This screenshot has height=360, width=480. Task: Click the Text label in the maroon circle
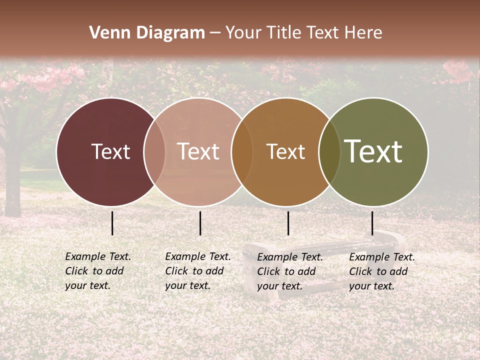click(x=110, y=152)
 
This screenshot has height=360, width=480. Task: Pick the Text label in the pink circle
click(x=198, y=152)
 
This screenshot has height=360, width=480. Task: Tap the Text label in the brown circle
click(x=285, y=152)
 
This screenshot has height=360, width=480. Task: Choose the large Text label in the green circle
click(x=373, y=151)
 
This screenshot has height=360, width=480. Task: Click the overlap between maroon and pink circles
click(x=154, y=152)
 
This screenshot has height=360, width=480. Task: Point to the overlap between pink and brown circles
click(x=242, y=152)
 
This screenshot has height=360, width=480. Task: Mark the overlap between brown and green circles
click(x=329, y=152)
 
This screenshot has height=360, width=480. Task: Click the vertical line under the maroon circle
click(x=112, y=223)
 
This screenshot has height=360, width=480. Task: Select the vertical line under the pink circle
click(x=200, y=223)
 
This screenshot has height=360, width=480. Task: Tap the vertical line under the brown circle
click(x=288, y=223)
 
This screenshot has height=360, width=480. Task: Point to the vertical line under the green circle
click(x=372, y=223)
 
